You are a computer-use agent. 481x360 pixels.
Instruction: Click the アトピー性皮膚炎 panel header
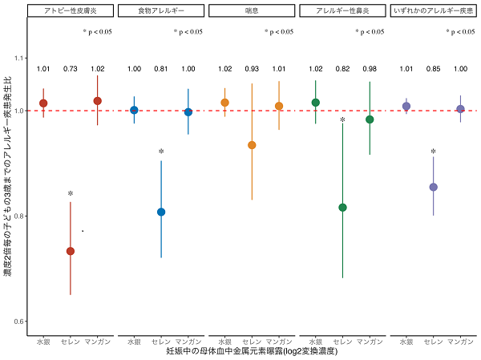71,11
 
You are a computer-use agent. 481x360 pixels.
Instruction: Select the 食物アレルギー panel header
161,11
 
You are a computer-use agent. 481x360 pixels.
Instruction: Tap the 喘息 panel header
252,11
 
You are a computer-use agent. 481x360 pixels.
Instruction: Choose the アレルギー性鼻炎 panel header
342,11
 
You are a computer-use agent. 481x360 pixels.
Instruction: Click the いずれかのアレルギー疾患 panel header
433,11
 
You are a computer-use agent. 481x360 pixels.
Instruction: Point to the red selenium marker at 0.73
71,251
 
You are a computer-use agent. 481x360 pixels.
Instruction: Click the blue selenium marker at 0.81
161,212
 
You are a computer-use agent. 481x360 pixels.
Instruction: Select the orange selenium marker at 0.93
252,145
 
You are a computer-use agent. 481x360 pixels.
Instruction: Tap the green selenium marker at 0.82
343,208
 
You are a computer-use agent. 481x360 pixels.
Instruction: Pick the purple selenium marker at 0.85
434,187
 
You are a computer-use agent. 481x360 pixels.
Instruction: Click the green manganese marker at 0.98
370,119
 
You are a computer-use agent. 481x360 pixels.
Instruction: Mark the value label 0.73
71,69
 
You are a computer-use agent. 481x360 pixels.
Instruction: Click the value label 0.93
252,69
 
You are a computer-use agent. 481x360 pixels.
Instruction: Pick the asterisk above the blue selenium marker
161,152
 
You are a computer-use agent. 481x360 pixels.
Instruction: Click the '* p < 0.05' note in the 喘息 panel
278,32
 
